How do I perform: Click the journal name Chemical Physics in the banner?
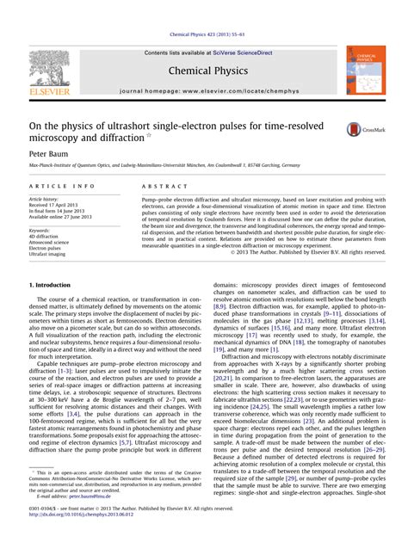point(204,68)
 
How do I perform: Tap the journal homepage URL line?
point(204,89)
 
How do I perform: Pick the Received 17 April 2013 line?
point(59,206)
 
